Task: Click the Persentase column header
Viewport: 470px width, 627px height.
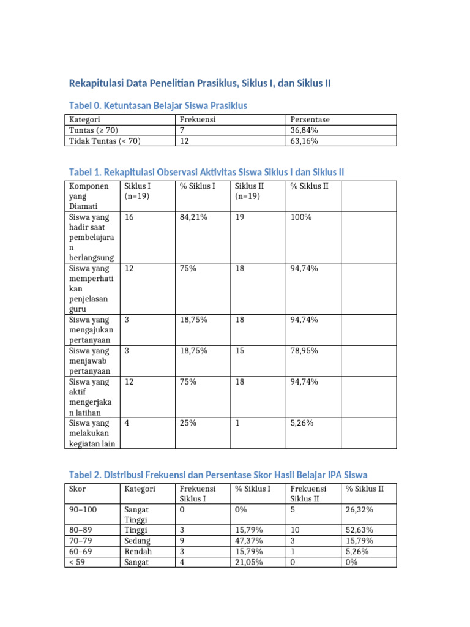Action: [311, 120]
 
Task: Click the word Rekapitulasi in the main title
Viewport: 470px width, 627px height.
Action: [99, 83]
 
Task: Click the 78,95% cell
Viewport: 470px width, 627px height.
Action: [304, 351]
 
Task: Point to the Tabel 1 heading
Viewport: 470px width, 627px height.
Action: [206, 173]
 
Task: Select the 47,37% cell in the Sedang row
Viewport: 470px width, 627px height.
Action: [250, 541]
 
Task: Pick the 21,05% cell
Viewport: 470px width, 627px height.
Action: [250, 561]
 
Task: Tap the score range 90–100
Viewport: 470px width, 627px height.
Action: [83, 509]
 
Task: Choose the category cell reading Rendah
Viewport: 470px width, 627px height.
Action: [139, 551]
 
